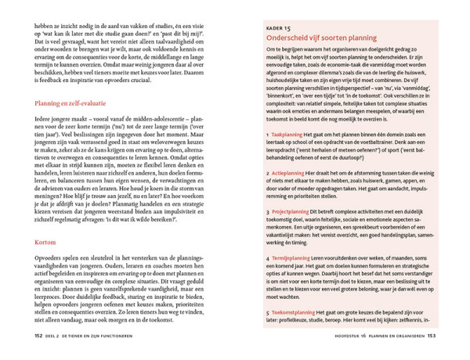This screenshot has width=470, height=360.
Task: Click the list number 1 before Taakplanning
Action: [267, 135]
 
